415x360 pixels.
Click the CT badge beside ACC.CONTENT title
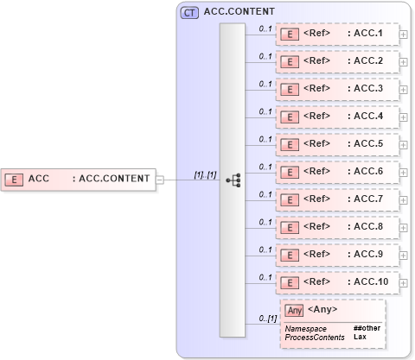(x=188, y=13)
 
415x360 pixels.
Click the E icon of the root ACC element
(x=14, y=179)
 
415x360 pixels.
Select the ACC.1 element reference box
(x=338, y=35)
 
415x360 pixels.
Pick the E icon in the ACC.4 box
(x=291, y=117)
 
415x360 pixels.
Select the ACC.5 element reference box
(x=338, y=144)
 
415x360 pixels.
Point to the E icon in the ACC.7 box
(x=291, y=199)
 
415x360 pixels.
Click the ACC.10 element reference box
(x=338, y=281)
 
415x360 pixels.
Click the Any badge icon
(x=295, y=310)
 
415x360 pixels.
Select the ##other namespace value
(x=367, y=328)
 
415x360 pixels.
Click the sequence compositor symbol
(x=233, y=180)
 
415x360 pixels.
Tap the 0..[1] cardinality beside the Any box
(x=266, y=319)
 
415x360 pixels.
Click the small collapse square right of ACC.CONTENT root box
(x=159, y=180)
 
